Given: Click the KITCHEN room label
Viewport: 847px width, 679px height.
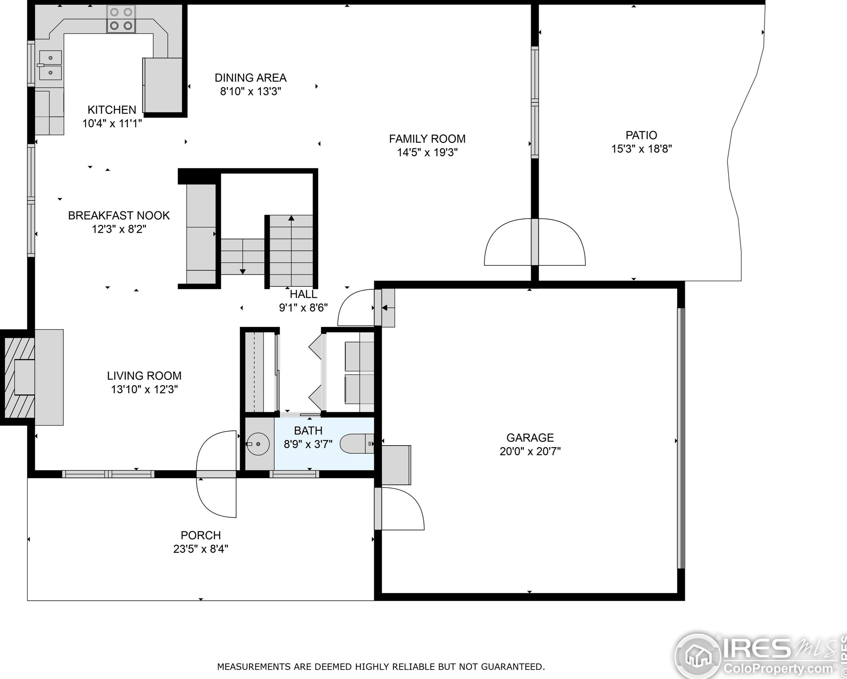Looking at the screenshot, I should pos(112,109).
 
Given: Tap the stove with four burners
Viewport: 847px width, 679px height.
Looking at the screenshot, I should pos(121,19).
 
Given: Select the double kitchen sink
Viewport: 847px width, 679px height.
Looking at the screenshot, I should pos(50,65).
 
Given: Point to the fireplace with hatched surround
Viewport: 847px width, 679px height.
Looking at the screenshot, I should pos(19,377).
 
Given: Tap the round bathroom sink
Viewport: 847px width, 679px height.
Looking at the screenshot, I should pos(258,444).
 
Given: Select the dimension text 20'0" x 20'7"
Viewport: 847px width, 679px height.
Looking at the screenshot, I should pos(530,451).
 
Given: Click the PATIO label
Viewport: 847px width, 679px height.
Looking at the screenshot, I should pos(641,135).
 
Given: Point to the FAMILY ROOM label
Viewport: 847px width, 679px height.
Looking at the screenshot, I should pos(427,139).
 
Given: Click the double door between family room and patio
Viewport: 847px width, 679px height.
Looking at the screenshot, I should pos(535,242).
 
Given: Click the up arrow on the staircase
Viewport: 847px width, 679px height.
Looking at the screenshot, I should pos(291,218).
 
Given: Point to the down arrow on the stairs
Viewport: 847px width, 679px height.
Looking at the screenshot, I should pos(243,271).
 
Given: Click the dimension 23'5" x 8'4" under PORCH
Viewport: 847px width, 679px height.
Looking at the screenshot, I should pos(200,549).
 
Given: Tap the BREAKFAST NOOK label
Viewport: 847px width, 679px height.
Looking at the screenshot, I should pos(119,215).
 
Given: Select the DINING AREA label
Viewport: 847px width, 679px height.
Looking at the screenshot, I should pos(250,78).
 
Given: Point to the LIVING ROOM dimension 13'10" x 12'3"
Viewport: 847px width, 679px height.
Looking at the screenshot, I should pos(144,389).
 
